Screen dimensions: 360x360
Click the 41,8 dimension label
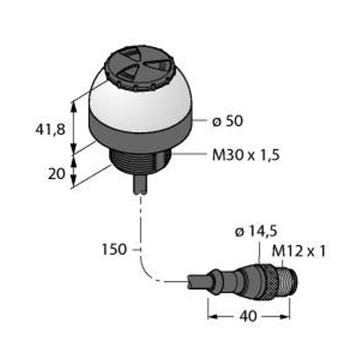point(50,130)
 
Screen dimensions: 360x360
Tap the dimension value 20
point(56,174)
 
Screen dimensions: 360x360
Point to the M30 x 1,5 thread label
point(246,155)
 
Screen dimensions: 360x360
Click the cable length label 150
point(114,250)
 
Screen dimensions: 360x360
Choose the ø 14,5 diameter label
point(256,232)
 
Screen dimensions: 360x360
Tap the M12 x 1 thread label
point(299,251)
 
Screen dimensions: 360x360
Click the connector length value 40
point(248,316)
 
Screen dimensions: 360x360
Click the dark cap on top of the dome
point(140,68)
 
